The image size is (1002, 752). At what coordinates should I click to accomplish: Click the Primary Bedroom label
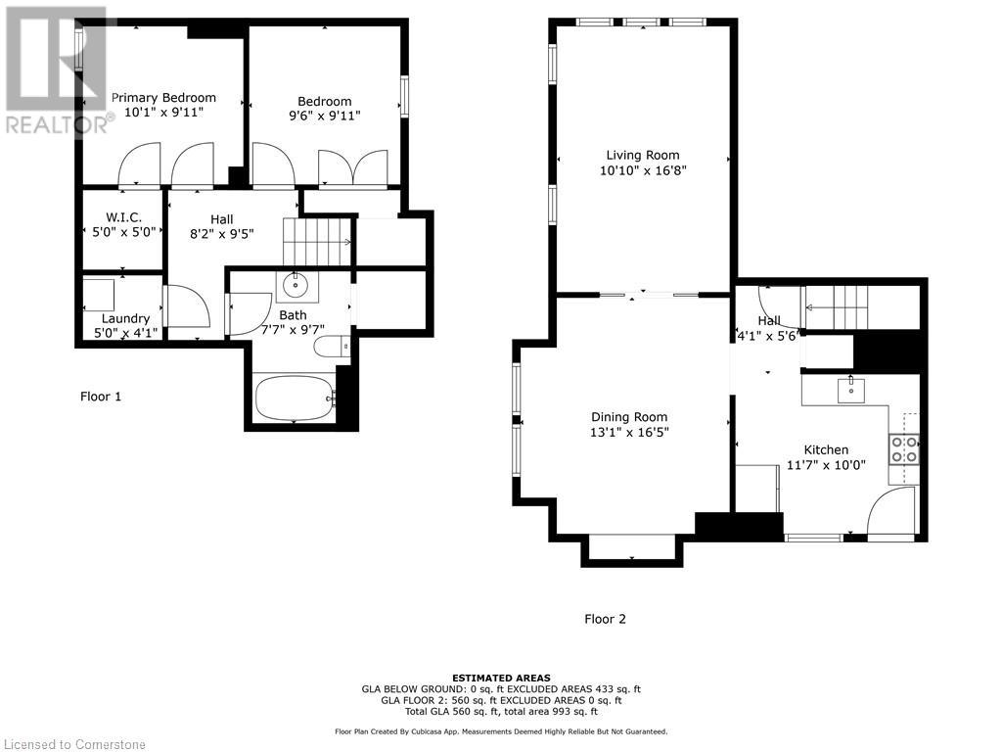tap(163, 98)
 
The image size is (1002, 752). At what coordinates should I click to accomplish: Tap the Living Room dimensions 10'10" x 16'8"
tap(643, 170)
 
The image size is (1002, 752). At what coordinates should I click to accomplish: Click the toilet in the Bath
tap(332, 346)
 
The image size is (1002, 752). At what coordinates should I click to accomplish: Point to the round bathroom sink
tap(296, 285)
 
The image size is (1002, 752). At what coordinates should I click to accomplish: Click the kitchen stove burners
tap(903, 448)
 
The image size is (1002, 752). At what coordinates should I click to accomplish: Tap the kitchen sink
tap(850, 390)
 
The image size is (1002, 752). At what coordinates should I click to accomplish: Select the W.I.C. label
tap(124, 218)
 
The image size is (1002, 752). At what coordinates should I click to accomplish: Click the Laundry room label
tap(125, 318)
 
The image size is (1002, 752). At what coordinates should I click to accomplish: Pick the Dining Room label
tap(629, 417)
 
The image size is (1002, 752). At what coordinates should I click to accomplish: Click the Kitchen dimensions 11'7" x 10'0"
tap(826, 465)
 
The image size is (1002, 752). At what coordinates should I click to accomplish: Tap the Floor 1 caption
tap(101, 397)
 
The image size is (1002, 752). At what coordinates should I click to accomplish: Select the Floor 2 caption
tap(605, 619)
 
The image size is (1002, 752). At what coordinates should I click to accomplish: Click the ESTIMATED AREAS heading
tap(501, 678)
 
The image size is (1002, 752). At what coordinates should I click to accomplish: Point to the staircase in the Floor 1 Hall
tap(318, 242)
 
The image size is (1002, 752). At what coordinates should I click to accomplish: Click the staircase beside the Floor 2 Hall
tap(837, 306)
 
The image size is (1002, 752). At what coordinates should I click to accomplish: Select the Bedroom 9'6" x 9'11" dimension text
tap(325, 116)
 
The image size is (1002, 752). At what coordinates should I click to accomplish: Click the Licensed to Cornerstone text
tap(75, 744)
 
